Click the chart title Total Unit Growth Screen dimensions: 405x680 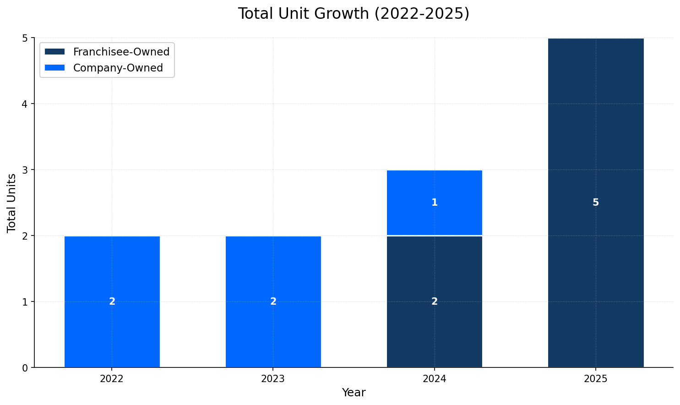point(353,14)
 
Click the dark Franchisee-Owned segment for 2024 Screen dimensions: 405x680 point(435,330)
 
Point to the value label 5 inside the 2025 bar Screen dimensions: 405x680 point(596,202)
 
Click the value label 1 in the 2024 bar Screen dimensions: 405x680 point(435,202)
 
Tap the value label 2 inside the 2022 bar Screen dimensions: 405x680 point(112,301)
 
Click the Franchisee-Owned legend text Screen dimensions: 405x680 point(121,52)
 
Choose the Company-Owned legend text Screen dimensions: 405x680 point(118,68)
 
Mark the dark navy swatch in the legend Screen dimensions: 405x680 point(54,52)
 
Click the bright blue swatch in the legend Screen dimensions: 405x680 point(54,68)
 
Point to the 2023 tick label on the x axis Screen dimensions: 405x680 point(273,379)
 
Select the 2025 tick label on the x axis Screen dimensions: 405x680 point(596,379)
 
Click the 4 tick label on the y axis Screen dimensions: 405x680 point(26,104)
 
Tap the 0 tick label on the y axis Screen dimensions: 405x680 point(26,368)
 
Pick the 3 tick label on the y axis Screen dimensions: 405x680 point(26,170)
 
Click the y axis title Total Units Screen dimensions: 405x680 point(12,203)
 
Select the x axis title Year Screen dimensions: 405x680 point(354,393)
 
